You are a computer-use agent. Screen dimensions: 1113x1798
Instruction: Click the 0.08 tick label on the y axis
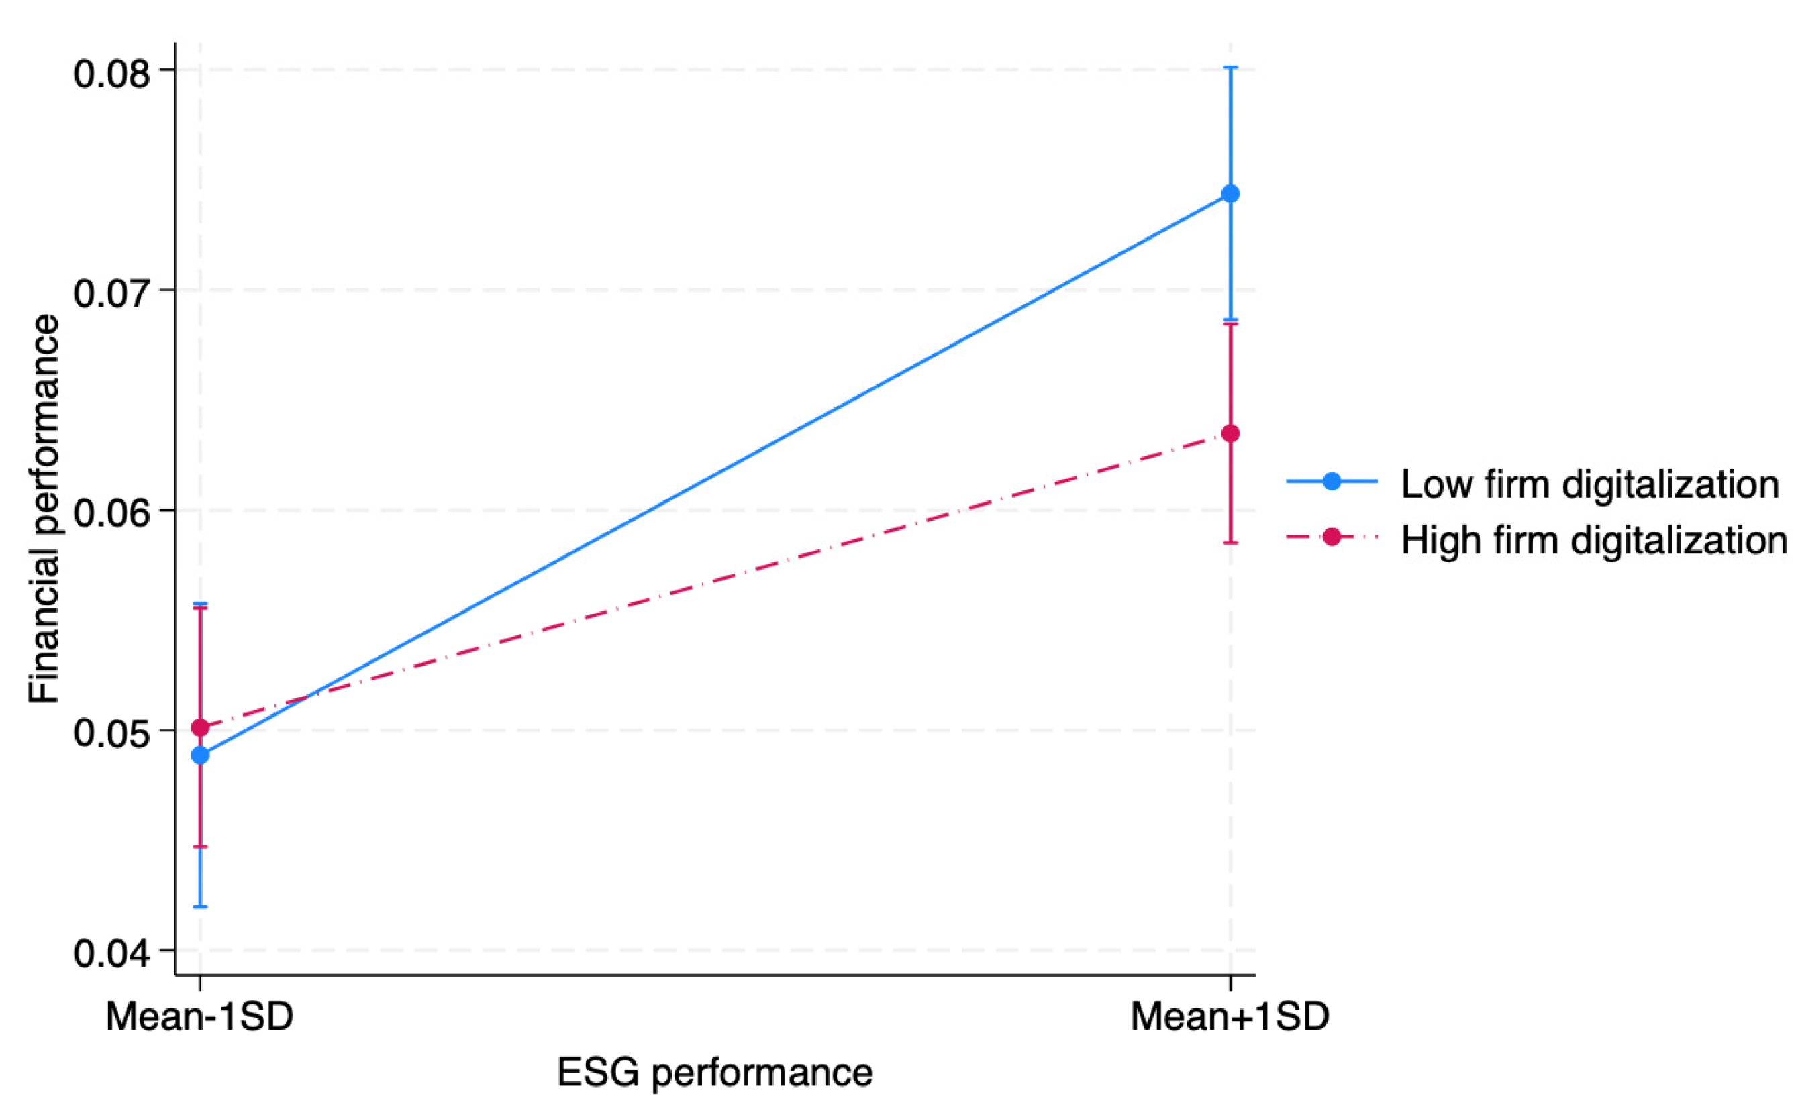tap(112, 74)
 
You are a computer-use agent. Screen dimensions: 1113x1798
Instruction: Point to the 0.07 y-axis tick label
tap(112, 293)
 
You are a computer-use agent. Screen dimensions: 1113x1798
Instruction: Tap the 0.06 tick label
tap(112, 513)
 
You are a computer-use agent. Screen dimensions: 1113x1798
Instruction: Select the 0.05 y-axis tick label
tap(112, 733)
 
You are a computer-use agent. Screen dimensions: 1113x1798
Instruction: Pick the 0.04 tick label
tap(112, 953)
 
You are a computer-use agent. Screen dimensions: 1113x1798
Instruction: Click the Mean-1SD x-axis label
tap(199, 1016)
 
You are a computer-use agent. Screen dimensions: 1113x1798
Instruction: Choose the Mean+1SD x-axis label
tap(1230, 1016)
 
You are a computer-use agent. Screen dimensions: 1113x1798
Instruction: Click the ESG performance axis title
tap(714, 1073)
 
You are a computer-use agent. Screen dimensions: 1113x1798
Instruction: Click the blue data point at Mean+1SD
tap(1230, 194)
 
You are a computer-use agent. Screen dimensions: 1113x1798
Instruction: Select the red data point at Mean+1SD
tap(1230, 433)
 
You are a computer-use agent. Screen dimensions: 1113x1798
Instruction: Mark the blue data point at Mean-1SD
tap(200, 755)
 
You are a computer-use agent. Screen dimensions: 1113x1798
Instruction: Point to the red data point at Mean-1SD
tap(200, 728)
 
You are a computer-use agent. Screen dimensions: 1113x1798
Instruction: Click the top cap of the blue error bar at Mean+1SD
tap(1230, 67)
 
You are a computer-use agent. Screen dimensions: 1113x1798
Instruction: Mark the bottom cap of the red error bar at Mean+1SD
tap(1230, 543)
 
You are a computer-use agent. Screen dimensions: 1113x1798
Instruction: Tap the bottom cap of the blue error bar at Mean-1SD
tap(200, 906)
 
